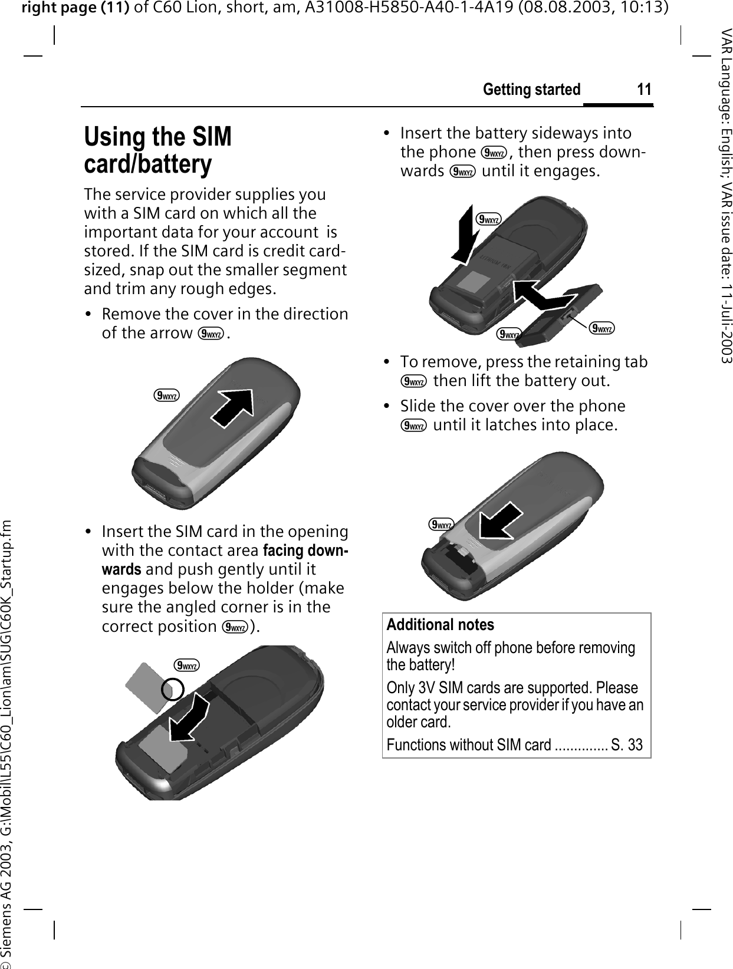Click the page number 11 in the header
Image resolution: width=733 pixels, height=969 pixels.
pos(644,90)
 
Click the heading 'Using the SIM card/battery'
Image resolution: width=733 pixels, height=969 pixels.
pos(157,150)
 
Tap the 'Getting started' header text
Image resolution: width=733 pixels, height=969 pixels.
pos(531,90)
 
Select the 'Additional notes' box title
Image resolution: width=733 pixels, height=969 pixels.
pos(440,625)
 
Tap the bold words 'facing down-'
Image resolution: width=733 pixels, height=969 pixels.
pos(305,551)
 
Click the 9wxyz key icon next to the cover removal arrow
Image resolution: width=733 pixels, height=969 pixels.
pos(167,396)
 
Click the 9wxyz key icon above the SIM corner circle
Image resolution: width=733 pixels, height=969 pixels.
pos(186,666)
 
